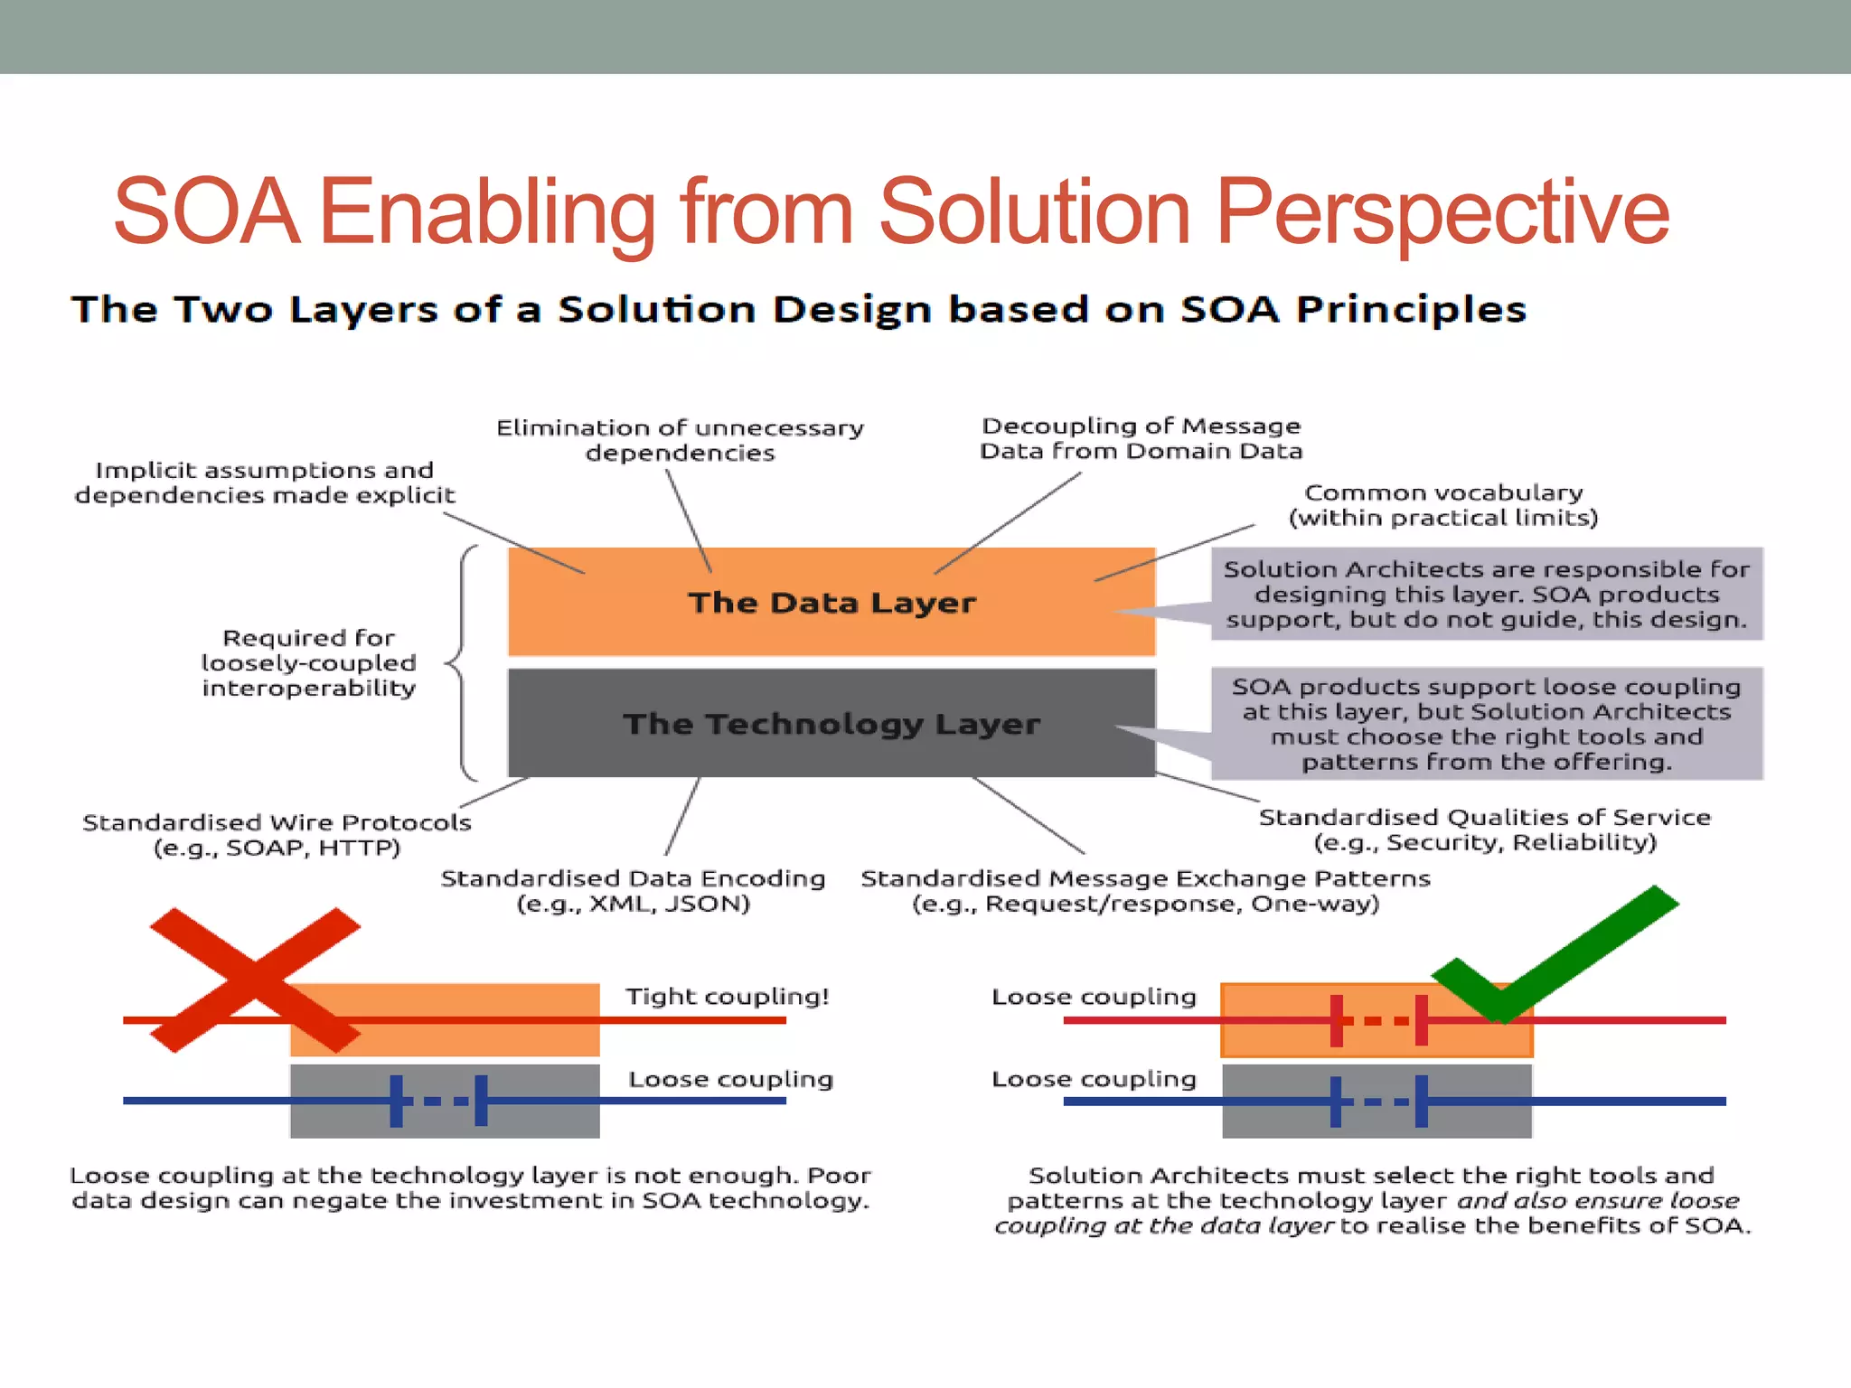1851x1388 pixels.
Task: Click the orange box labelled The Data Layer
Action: (832, 602)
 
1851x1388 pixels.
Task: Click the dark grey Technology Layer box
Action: (832, 723)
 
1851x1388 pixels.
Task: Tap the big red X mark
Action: (256, 980)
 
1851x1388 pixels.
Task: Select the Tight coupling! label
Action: (728, 996)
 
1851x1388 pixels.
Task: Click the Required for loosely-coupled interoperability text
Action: (308, 662)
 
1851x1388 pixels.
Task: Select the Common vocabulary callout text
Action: (1443, 505)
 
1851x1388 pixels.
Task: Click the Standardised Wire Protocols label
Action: (277, 834)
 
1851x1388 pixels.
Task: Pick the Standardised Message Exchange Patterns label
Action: (1145, 891)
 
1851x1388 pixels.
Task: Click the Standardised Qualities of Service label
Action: (1484, 830)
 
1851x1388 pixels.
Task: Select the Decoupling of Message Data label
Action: (1141, 438)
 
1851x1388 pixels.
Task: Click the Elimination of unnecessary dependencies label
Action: (680, 440)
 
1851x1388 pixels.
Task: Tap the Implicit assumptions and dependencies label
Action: (265, 483)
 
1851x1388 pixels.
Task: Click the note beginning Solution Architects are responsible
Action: (1486, 594)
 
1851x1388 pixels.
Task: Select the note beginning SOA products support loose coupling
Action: (1486, 723)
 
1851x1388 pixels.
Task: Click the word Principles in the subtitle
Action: (1410, 310)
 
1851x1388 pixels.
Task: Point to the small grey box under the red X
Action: (445, 1101)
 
